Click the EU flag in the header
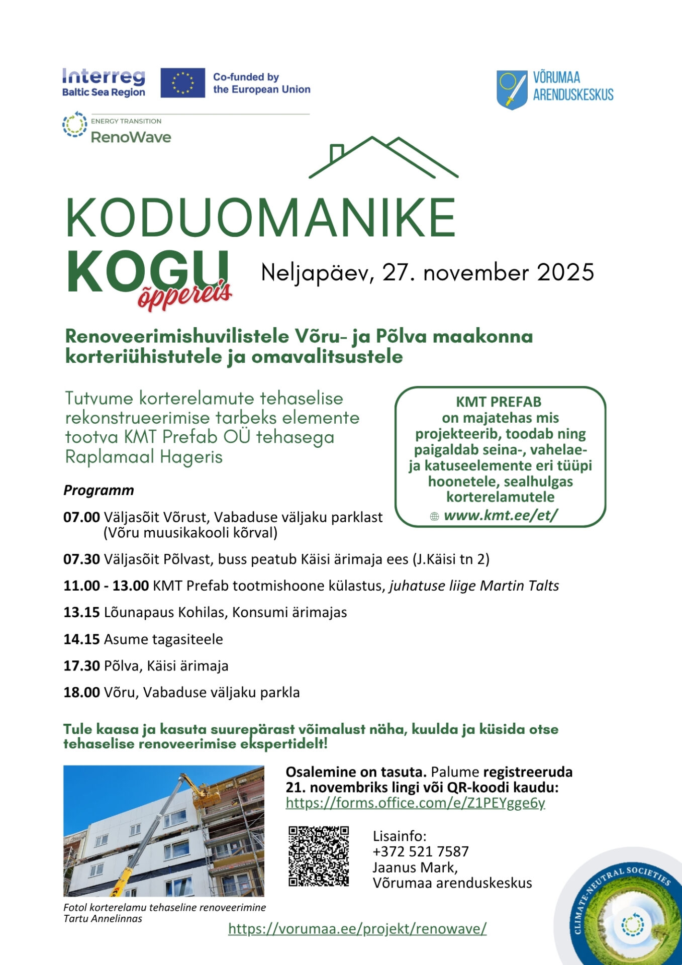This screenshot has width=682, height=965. (x=182, y=83)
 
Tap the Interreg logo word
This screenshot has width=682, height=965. (x=104, y=77)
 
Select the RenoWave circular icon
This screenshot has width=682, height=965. (x=74, y=125)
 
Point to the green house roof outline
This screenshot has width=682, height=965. (x=383, y=157)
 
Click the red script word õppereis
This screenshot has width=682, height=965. (x=184, y=296)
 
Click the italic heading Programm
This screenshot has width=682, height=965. (x=99, y=490)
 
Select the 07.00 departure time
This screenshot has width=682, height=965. (x=81, y=517)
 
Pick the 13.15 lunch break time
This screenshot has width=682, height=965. (x=81, y=612)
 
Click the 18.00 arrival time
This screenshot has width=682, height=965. (x=81, y=692)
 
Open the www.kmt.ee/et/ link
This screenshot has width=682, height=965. (x=501, y=515)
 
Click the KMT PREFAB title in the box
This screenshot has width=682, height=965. (x=499, y=402)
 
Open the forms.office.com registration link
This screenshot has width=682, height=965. (x=415, y=803)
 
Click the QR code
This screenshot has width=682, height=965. (x=319, y=856)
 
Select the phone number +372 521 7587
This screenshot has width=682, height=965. (x=421, y=851)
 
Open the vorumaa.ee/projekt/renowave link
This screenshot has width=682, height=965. (x=357, y=928)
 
